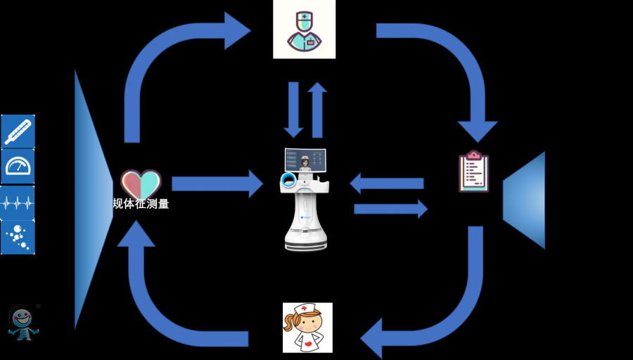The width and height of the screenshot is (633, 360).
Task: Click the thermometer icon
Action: click(x=18, y=131)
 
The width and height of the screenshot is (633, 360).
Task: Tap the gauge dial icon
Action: click(x=18, y=167)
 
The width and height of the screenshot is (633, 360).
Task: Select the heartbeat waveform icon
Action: click(x=18, y=203)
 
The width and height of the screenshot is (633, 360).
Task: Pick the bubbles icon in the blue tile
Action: click(x=18, y=238)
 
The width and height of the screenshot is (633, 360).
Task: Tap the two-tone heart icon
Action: click(x=141, y=184)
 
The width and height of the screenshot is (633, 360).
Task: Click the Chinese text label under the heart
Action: click(x=141, y=204)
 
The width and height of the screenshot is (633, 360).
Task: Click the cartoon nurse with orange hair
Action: click(x=307, y=328)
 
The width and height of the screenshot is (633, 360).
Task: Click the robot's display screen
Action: click(x=305, y=160)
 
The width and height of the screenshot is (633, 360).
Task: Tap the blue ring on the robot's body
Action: click(x=287, y=181)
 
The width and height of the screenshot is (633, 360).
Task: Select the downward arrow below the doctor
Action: click(x=294, y=110)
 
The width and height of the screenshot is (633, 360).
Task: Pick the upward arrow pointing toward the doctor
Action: click(x=317, y=110)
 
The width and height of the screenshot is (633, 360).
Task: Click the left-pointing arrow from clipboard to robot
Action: click(x=386, y=184)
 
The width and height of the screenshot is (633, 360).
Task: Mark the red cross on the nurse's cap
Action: click(x=305, y=309)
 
